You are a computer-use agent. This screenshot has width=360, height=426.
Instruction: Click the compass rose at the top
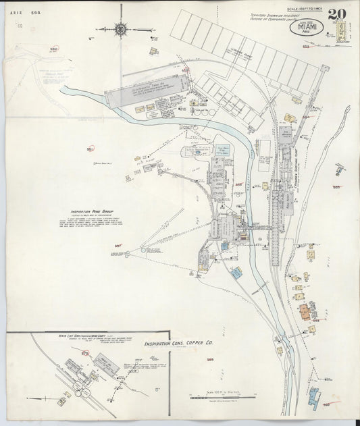coord(121,28)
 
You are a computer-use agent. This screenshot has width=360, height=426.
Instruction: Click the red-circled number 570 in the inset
coord(84,352)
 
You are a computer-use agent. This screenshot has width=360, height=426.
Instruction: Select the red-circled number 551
coord(91,149)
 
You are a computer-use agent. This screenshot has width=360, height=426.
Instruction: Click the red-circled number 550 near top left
coord(53,49)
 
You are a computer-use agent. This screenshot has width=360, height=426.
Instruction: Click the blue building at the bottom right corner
coord(313,396)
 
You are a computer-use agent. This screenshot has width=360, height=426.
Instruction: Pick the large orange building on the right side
coord(305,311)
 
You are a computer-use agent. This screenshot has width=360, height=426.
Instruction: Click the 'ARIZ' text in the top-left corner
coord(16,5)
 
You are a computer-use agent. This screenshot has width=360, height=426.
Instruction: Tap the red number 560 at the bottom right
coord(326,404)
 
